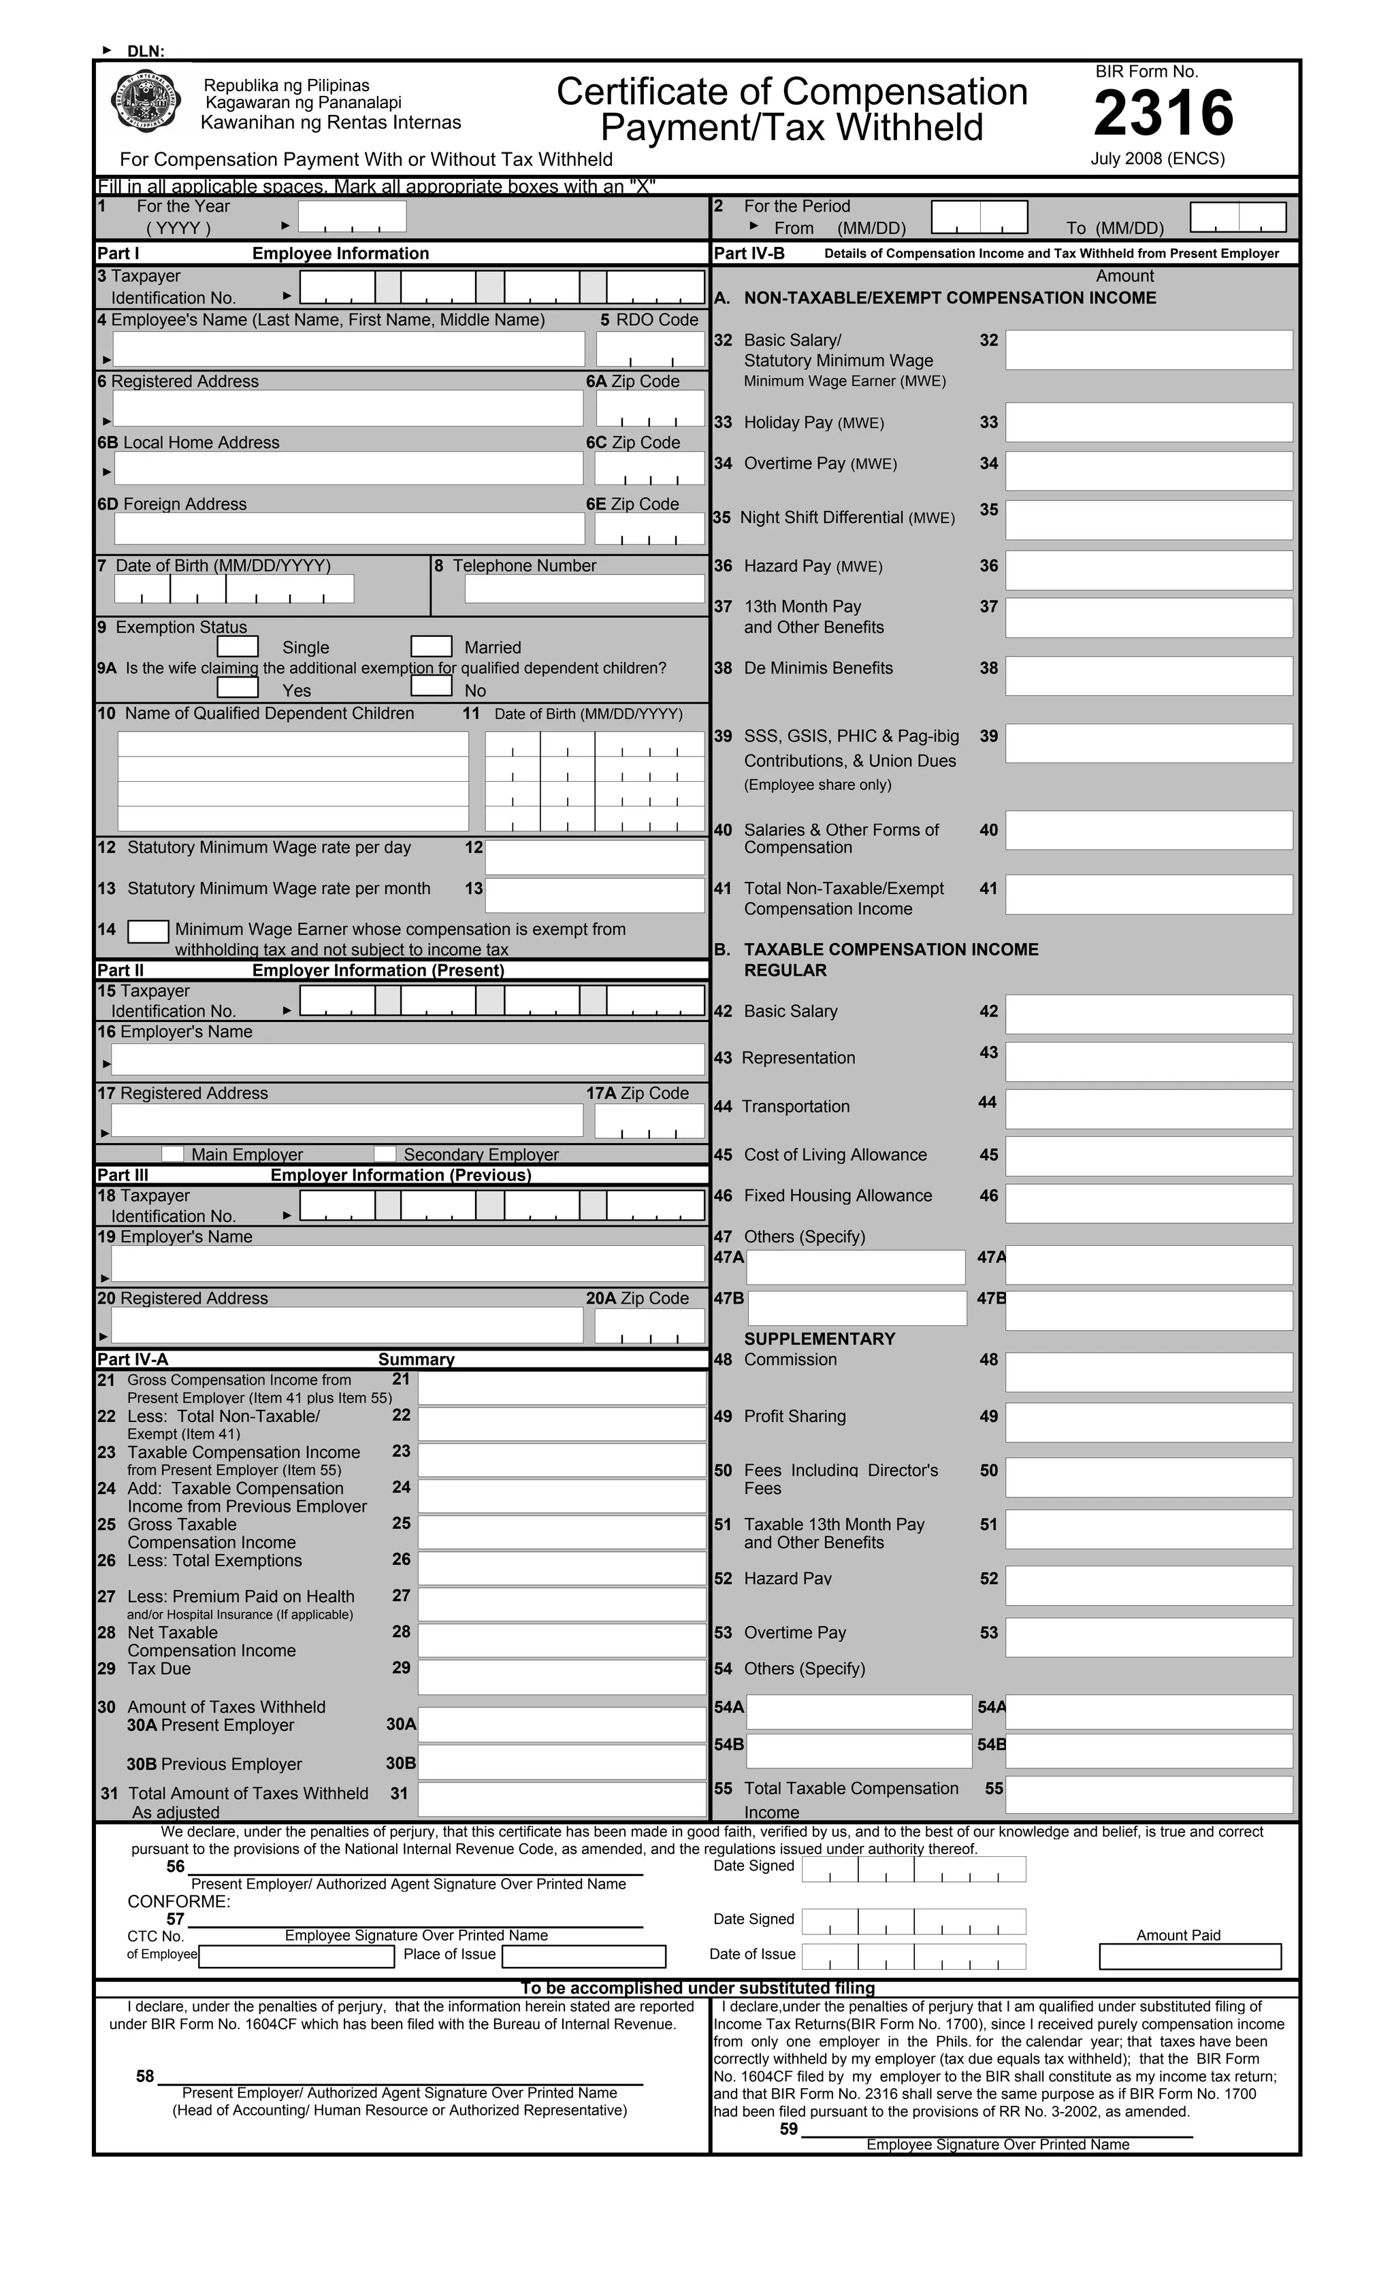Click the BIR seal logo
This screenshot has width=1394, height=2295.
click(146, 103)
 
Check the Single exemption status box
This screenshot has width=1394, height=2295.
click(238, 646)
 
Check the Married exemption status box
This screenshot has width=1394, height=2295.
click(432, 646)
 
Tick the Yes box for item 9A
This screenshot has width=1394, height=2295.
click(238, 687)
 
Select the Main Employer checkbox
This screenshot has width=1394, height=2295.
click(174, 1154)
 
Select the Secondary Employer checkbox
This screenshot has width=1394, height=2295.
click(385, 1154)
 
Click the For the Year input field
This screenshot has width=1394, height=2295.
click(352, 216)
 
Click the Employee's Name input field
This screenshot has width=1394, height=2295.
click(348, 349)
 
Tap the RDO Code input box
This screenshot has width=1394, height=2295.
click(651, 349)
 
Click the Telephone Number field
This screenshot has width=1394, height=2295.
click(584, 589)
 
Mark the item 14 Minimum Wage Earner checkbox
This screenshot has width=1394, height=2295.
click(148, 931)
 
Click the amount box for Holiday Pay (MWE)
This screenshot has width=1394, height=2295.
click(1149, 422)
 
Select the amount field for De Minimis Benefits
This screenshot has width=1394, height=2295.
click(1149, 675)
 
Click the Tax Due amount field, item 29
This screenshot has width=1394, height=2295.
click(562, 1677)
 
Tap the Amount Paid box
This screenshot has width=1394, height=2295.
click(1190, 1956)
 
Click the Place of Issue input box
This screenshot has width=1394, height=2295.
click(584, 1956)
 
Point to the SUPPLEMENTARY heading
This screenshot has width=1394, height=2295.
click(819, 1338)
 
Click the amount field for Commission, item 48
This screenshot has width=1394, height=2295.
click(1149, 1372)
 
